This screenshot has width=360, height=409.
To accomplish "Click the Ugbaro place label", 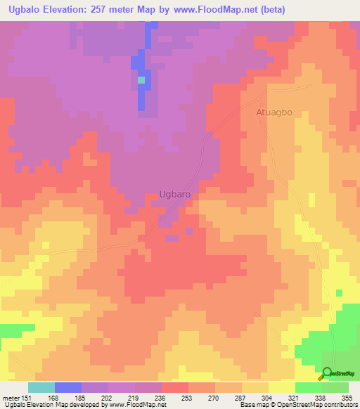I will pyautogui.click(x=175, y=197).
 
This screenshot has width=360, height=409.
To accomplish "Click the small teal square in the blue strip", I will pyautogui.click(x=141, y=80).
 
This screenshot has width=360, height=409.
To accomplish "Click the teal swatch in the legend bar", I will pyautogui.click(x=41, y=387).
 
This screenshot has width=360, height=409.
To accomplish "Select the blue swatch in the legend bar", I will pyautogui.click(x=68, y=387).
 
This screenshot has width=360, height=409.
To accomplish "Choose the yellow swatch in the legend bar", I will pyautogui.click(x=281, y=387).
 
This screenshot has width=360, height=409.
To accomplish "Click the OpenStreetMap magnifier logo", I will pyautogui.click(x=327, y=373).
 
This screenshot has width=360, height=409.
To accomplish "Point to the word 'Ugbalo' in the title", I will pyautogui.click(x=20, y=10).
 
